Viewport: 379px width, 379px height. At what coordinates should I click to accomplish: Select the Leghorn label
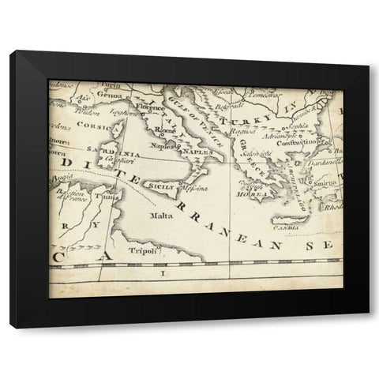pos(120,111)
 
